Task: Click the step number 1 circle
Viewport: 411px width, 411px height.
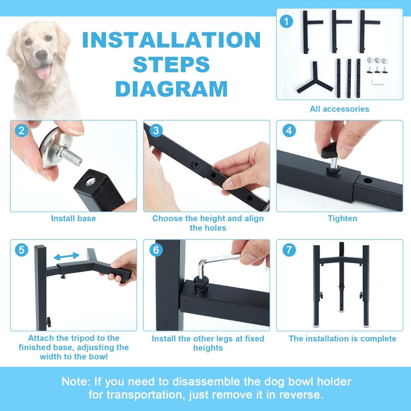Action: pyautogui.click(x=286, y=21)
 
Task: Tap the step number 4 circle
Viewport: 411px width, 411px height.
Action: pyautogui.click(x=289, y=130)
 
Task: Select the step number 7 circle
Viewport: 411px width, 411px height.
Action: pyautogui.click(x=289, y=250)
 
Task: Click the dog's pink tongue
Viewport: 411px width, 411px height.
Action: pyautogui.click(x=44, y=72)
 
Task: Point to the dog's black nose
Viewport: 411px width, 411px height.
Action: pyautogui.click(x=42, y=55)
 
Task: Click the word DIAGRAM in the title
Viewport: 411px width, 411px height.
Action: pyautogui.click(x=172, y=89)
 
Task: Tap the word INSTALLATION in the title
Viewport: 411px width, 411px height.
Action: pyautogui.click(x=172, y=40)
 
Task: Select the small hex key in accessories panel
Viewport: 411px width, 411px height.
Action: pyautogui.click(x=377, y=83)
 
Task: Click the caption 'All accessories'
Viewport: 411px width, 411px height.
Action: pyautogui.click(x=340, y=109)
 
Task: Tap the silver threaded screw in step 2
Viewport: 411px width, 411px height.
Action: pyautogui.click(x=70, y=156)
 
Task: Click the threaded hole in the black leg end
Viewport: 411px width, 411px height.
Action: pyautogui.click(x=90, y=181)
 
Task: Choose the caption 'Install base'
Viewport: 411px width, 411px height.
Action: pyautogui.click(x=73, y=218)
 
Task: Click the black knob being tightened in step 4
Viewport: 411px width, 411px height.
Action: pyautogui.click(x=330, y=151)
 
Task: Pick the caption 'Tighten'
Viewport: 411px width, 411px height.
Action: pyautogui.click(x=343, y=218)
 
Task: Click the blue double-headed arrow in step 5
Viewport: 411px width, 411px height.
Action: pyautogui.click(x=66, y=256)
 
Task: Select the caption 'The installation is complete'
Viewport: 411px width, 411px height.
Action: pyautogui.click(x=342, y=339)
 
